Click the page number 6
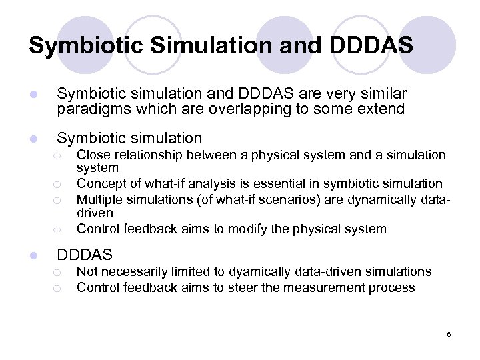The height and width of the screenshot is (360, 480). [x=449, y=334]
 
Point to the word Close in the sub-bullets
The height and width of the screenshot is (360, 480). [x=93, y=155]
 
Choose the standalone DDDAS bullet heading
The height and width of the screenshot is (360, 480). [x=85, y=255]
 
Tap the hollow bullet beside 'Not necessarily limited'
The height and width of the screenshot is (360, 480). [x=59, y=272]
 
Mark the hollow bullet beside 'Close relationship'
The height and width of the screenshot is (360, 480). [x=59, y=155]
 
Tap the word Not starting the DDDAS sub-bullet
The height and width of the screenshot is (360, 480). [x=87, y=271]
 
